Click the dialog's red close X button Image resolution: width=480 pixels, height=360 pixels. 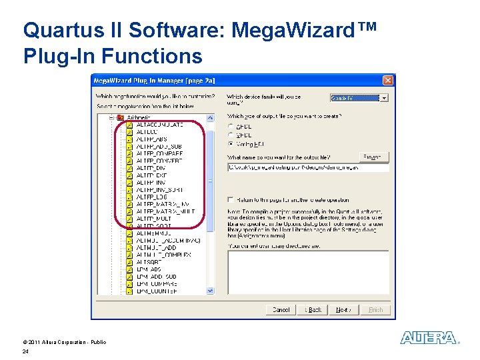click(388, 81)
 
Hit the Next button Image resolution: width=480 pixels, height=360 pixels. click(343, 310)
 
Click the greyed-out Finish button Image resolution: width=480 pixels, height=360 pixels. click(375, 310)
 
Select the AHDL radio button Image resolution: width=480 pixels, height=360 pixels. click(231, 125)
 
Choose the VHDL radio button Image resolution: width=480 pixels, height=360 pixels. click(231, 134)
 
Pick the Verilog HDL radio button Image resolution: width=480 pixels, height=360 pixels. click(231, 143)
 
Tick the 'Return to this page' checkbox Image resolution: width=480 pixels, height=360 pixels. click(231, 199)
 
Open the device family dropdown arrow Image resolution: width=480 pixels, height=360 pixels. click(384, 98)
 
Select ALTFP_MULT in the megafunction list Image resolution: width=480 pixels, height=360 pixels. click(153, 219)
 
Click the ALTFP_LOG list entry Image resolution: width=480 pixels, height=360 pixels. click(151, 197)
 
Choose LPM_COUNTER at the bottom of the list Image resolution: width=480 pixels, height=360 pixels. click(157, 291)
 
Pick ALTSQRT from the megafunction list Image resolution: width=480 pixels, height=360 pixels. click(148, 262)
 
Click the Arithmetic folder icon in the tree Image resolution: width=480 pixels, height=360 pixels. click(120, 118)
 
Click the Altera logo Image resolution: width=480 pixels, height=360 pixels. click(429, 338)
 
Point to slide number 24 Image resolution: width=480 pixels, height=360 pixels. click(25, 351)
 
